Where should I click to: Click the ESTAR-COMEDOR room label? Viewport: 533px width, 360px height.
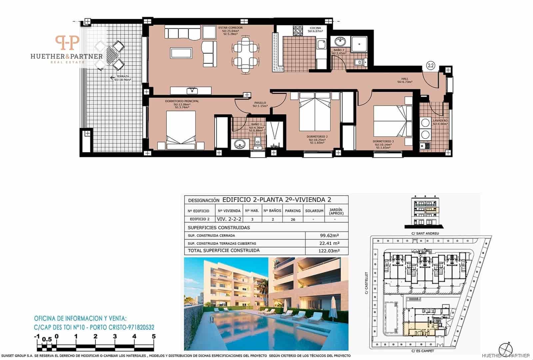pos(230,28)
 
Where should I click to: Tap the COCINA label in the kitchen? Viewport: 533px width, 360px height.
pos(315,28)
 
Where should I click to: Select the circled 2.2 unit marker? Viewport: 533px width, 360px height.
pos(431,65)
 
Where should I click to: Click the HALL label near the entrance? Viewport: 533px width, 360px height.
pos(405,79)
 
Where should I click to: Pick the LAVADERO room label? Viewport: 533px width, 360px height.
pos(440,121)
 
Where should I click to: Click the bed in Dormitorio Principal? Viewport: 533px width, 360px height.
pos(181,130)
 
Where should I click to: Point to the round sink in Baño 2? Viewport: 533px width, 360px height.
pos(340,42)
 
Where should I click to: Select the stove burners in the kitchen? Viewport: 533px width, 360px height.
pos(297,31)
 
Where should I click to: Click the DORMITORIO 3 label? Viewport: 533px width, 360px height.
pos(383,141)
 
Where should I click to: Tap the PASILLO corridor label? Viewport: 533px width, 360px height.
pos(260,103)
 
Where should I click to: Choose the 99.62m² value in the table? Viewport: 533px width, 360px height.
pos(327,235)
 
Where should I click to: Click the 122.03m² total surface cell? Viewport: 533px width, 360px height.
pos(327,251)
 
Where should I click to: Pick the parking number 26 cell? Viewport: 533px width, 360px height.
pos(293,219)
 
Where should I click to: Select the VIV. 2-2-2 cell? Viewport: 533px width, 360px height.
pos(229,219)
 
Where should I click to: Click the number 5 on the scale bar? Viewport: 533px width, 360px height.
pos(154,337)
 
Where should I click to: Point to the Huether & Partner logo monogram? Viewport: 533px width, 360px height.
pos(67,43)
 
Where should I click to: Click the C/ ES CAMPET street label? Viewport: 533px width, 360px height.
pos(423,351)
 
